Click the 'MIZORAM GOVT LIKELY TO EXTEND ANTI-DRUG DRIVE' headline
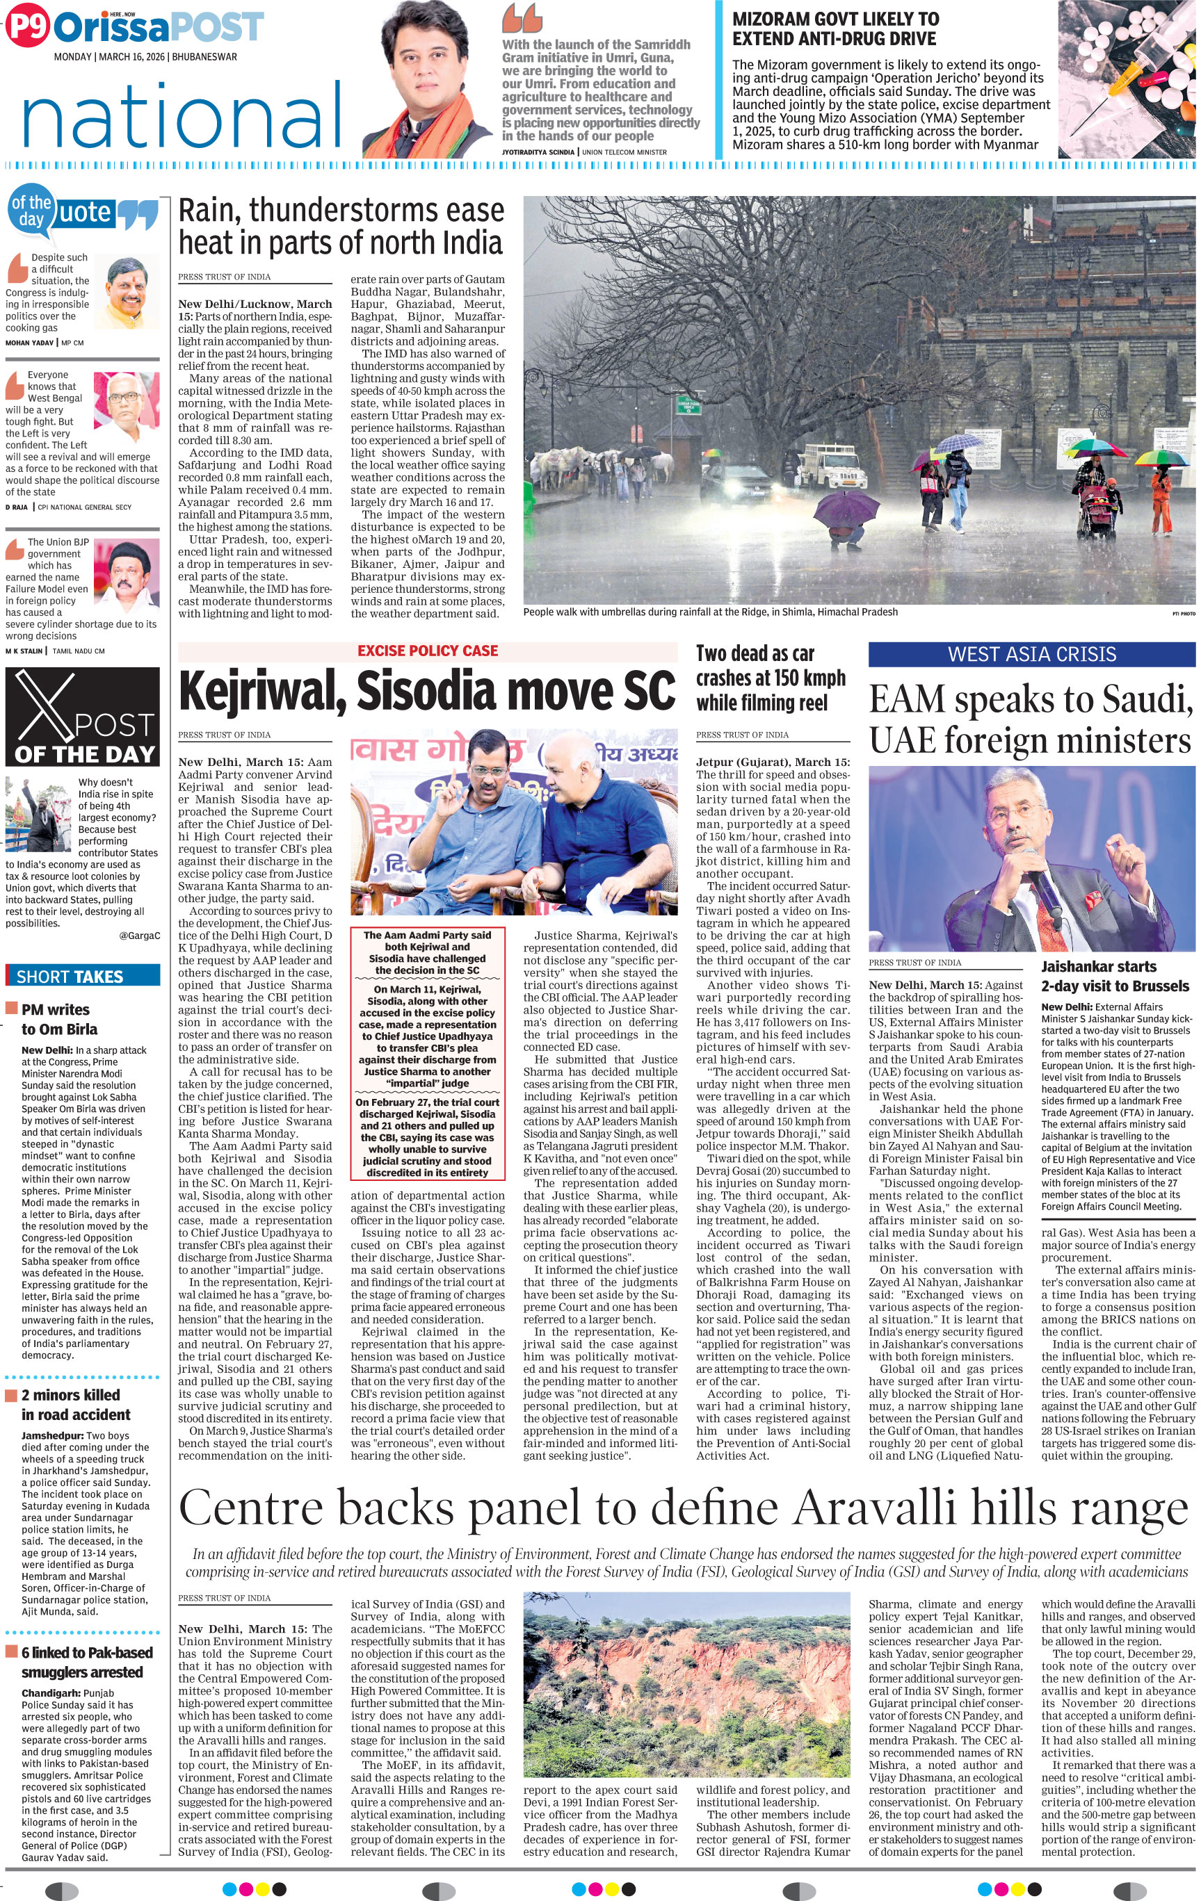(835, 28)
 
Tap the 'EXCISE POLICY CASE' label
(427, 651)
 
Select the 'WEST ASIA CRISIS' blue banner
(1031, 655)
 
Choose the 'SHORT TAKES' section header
(70, 977)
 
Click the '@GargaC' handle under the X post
(140, 936)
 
